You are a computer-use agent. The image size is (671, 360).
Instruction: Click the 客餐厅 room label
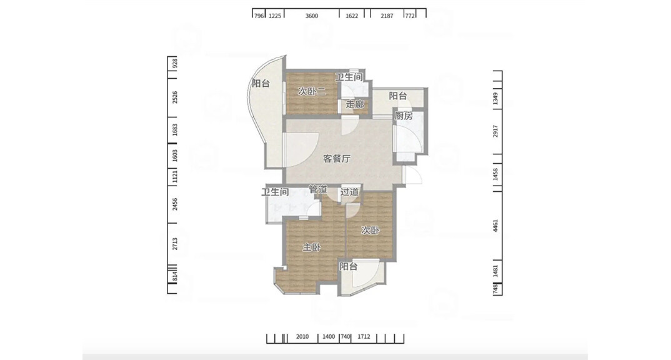tap(336, 159)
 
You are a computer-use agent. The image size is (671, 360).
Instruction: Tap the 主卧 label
tap(312, 247)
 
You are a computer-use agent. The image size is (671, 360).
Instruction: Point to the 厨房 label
tap(403, 116)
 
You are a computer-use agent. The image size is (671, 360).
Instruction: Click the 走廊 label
tap(355, 104)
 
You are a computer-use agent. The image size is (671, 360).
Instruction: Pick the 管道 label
tap(318, 189)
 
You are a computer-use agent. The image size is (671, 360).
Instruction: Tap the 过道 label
tap(350, 192)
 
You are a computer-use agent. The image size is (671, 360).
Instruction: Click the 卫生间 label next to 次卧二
tap(349, 77)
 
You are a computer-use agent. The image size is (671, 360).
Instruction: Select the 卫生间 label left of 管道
tap(275, 192)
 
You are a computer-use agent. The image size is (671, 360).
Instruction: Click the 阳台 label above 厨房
tap(398, 96)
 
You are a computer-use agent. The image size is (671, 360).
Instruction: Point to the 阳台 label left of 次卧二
tap(261, 83)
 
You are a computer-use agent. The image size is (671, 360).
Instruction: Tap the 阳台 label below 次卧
tap(349, 266)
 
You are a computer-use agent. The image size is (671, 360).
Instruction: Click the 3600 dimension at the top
tap(312, 16)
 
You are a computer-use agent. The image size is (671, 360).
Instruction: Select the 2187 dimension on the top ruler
tap(387, 16)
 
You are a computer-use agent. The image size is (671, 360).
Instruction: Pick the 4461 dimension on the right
tap(496, 226)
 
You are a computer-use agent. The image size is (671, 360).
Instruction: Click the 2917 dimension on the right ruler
tap(496, 132)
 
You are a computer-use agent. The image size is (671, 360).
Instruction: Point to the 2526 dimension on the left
tap(175, 97)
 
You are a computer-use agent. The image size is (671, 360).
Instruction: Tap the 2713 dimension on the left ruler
tap(175, 244)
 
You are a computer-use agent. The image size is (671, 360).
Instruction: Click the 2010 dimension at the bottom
tap(302, 337)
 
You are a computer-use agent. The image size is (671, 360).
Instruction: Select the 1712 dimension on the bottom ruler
tap(364, 337)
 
